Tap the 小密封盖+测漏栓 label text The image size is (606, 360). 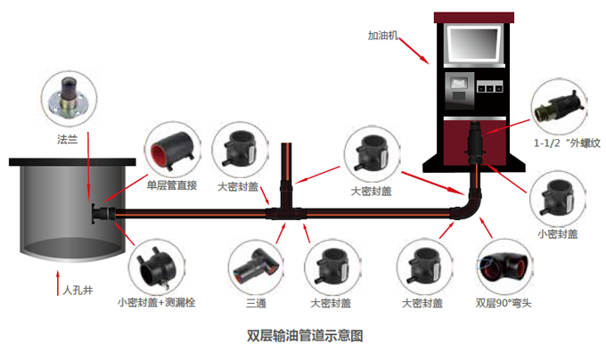click(x=156, y=303)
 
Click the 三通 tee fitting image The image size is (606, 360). click(x=255, y=265)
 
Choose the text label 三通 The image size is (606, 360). click(x=257, y=303)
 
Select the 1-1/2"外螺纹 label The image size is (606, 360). click(x=567, y=143)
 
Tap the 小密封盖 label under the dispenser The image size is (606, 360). click(x=558, y=234)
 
